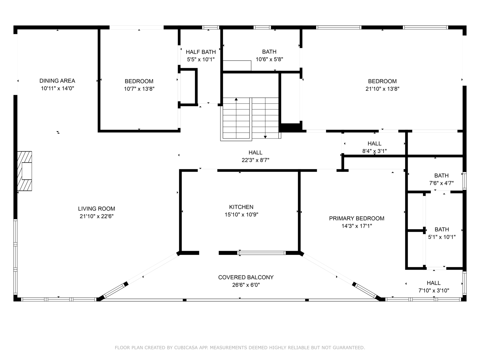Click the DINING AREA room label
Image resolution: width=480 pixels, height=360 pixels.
(x=57, y=81)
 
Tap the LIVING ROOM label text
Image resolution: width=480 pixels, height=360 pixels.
(x=96, y=209)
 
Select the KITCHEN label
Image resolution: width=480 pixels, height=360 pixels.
(x=241, y=207)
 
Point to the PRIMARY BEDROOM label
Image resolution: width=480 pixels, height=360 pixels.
(x=357, y=218)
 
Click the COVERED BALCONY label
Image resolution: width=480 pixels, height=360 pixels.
(x=246, y=277)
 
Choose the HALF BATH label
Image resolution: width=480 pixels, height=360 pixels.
(x=201, y=52)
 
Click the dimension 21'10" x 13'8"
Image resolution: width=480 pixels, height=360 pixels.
(x=382, y=89)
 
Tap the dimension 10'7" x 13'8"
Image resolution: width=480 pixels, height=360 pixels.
(x=139, y=89)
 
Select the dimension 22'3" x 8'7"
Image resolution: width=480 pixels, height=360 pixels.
(x=255, y=160)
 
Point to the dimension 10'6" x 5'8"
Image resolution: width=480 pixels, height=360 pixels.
(x=269, y=59)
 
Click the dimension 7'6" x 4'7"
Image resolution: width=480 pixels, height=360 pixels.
(x=441, y=183)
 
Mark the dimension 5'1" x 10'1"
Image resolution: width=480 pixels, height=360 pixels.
(x=442, y=237)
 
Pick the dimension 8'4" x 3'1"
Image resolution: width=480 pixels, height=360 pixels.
(x=375, y=151)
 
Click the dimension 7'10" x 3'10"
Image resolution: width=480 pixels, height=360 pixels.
(x=433, y=290)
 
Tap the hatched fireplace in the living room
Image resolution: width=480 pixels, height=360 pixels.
(x=25, y=171)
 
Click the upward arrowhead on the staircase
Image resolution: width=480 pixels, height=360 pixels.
(x=236, y=99)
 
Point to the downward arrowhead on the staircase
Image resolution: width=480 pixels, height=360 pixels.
(x=265, y=137)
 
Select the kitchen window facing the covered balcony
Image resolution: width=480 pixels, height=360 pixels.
(x=262, y=253)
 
